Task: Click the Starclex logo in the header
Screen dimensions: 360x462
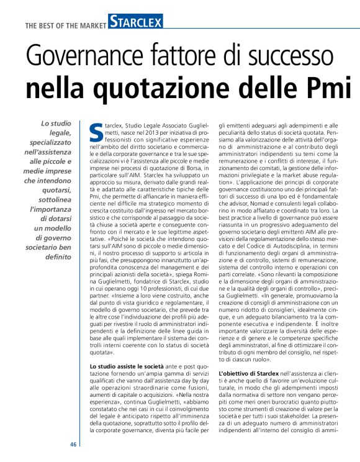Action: pos(135,24)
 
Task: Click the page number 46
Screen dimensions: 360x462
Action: pos(73,444)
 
